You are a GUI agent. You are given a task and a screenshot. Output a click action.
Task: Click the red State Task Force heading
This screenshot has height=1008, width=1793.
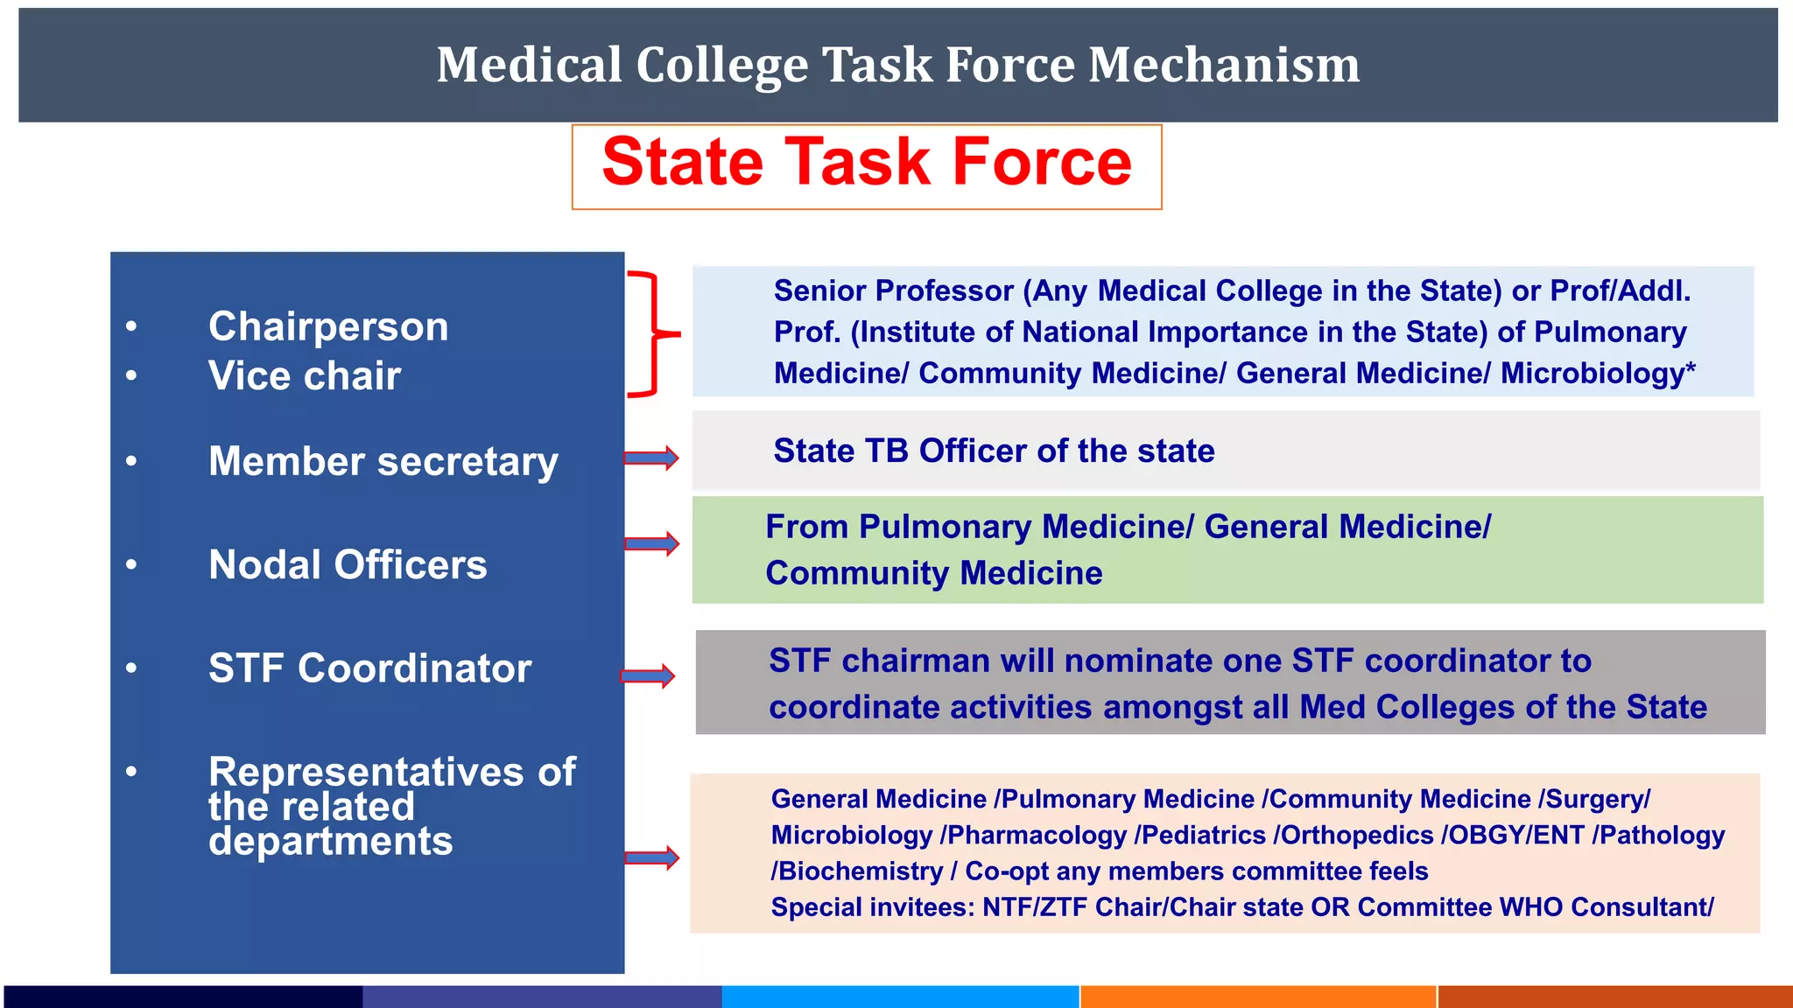click(x=867, y=164)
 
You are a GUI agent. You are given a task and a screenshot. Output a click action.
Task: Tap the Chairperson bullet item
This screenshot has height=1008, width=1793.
click(x=328, y=326)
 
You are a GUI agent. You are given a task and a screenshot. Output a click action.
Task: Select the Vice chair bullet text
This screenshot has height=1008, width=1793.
click(x=304, y=376)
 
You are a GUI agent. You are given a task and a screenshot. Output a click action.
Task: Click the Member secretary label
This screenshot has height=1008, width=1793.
click(x=383, y=461)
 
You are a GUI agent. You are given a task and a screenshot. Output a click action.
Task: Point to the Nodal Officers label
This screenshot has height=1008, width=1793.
click(x=348, y=564)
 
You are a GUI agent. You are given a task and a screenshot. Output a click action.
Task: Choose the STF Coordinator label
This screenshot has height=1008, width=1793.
click(x=369, y=668)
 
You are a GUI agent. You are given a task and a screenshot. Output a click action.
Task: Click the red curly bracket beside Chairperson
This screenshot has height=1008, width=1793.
click(x=652, y=333)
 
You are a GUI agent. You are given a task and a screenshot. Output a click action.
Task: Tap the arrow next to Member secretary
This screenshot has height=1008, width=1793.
click(x=650, y=458)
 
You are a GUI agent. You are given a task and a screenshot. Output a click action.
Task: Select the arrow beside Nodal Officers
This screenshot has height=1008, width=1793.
click(x=650, y=543)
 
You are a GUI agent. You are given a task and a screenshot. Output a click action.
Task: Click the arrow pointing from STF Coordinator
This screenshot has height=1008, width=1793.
click(x=648, y=675)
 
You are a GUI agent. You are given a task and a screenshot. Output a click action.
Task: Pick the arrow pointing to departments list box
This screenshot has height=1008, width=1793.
click(x=651, y=857)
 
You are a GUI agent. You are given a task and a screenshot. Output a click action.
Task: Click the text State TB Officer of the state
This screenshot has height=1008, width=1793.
click(x=994, y=451)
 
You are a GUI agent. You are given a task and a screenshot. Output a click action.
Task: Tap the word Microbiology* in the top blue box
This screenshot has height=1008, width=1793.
click(x=1598, y=374)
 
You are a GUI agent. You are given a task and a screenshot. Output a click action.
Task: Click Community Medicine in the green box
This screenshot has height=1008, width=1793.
click(x=933, y=573)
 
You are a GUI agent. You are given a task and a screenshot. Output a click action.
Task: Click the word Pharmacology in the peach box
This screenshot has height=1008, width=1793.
click(x=1037, y=836)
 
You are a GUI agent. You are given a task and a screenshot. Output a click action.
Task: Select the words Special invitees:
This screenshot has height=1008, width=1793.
click(x=872, y=907)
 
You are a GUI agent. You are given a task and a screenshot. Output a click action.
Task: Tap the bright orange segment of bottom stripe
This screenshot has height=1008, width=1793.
click(x=1258, y=997)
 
